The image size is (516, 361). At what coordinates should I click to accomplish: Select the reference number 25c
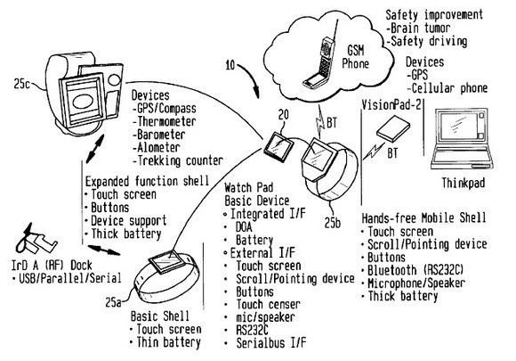pyautogui.click(x=21, y=84)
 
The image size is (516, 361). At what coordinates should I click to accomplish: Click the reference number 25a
pyautogui.click(x=113, y=302)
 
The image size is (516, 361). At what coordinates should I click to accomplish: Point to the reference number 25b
pyautogui.click(x=333, y=223)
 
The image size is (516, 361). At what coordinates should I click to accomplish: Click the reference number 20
pyautogui.click(x=283, y=115)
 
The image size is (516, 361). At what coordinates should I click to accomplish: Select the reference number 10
pyautogui.click(x=230, y=65)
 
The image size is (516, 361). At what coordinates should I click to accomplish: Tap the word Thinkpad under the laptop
pyautogui.click(x=463, y=183)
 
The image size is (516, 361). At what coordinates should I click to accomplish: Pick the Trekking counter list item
pyautogui.click(x=178, y=160)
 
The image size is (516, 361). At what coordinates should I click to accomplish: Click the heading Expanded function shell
pyautogui.click(x=147, y=181)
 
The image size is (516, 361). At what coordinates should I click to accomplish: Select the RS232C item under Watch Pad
pyautogui.click(x=252, y=330)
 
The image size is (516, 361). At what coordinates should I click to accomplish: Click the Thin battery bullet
pyautogui.click(x=165, y=342)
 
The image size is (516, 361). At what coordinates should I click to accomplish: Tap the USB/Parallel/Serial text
pyautogui.click(x=67, y=278)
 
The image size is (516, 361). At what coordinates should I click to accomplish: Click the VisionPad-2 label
pyautogui.click(x=391, y=105)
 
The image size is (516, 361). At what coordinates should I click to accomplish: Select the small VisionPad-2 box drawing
pyautogui.click(x=393, y=129)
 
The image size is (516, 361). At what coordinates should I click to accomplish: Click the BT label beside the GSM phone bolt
pyautogui.click(x=332, y=123)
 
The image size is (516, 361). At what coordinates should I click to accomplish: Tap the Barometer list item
pyautogui.click(x=159, y=135)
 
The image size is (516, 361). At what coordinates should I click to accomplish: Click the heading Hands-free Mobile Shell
pyautogui.click(x=423, y=218)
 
